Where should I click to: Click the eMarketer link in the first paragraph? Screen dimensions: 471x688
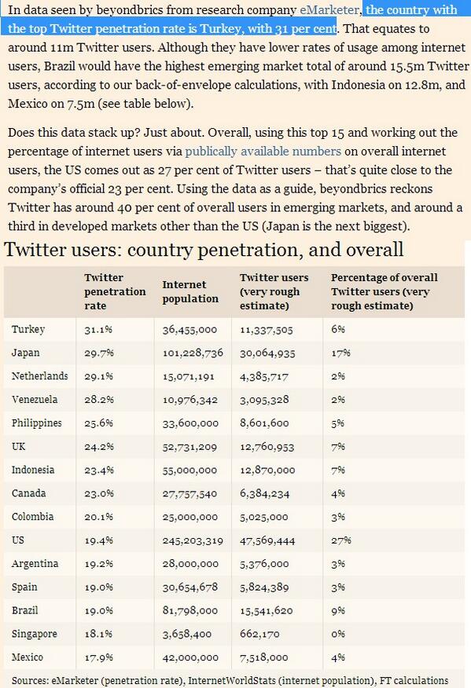coord(329,9)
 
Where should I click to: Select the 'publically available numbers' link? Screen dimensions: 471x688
coord(263,151)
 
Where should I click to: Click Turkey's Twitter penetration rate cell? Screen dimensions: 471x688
coord(98,330)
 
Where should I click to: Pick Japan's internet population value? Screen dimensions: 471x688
coord(193,353)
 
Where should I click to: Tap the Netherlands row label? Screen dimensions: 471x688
coord(39,376)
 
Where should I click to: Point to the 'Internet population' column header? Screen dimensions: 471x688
coord(190,291)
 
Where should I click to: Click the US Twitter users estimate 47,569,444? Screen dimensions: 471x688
coord(267,540)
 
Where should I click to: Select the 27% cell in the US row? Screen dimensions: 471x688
coord(341,540)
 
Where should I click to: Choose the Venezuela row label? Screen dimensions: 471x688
coord(35,399)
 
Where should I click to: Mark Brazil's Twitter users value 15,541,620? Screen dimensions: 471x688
coord(266,611)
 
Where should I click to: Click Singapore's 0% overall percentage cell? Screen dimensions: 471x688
coord(338,634)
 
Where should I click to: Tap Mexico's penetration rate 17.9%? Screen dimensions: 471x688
coord(98,657)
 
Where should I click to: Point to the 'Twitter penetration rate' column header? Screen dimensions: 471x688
coord(115,291)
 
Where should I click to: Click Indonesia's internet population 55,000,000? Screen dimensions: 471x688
coord(190,470)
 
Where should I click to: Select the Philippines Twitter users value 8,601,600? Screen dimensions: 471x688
coord(264,423)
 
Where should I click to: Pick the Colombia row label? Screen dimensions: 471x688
coord(32,517)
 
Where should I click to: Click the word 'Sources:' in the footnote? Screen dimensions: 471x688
coord(30,681)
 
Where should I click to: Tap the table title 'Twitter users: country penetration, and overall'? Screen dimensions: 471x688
coord(204,250)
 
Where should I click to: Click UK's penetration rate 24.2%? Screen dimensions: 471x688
coord(99,447)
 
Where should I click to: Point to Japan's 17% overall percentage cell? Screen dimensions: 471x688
coord(340,353)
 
